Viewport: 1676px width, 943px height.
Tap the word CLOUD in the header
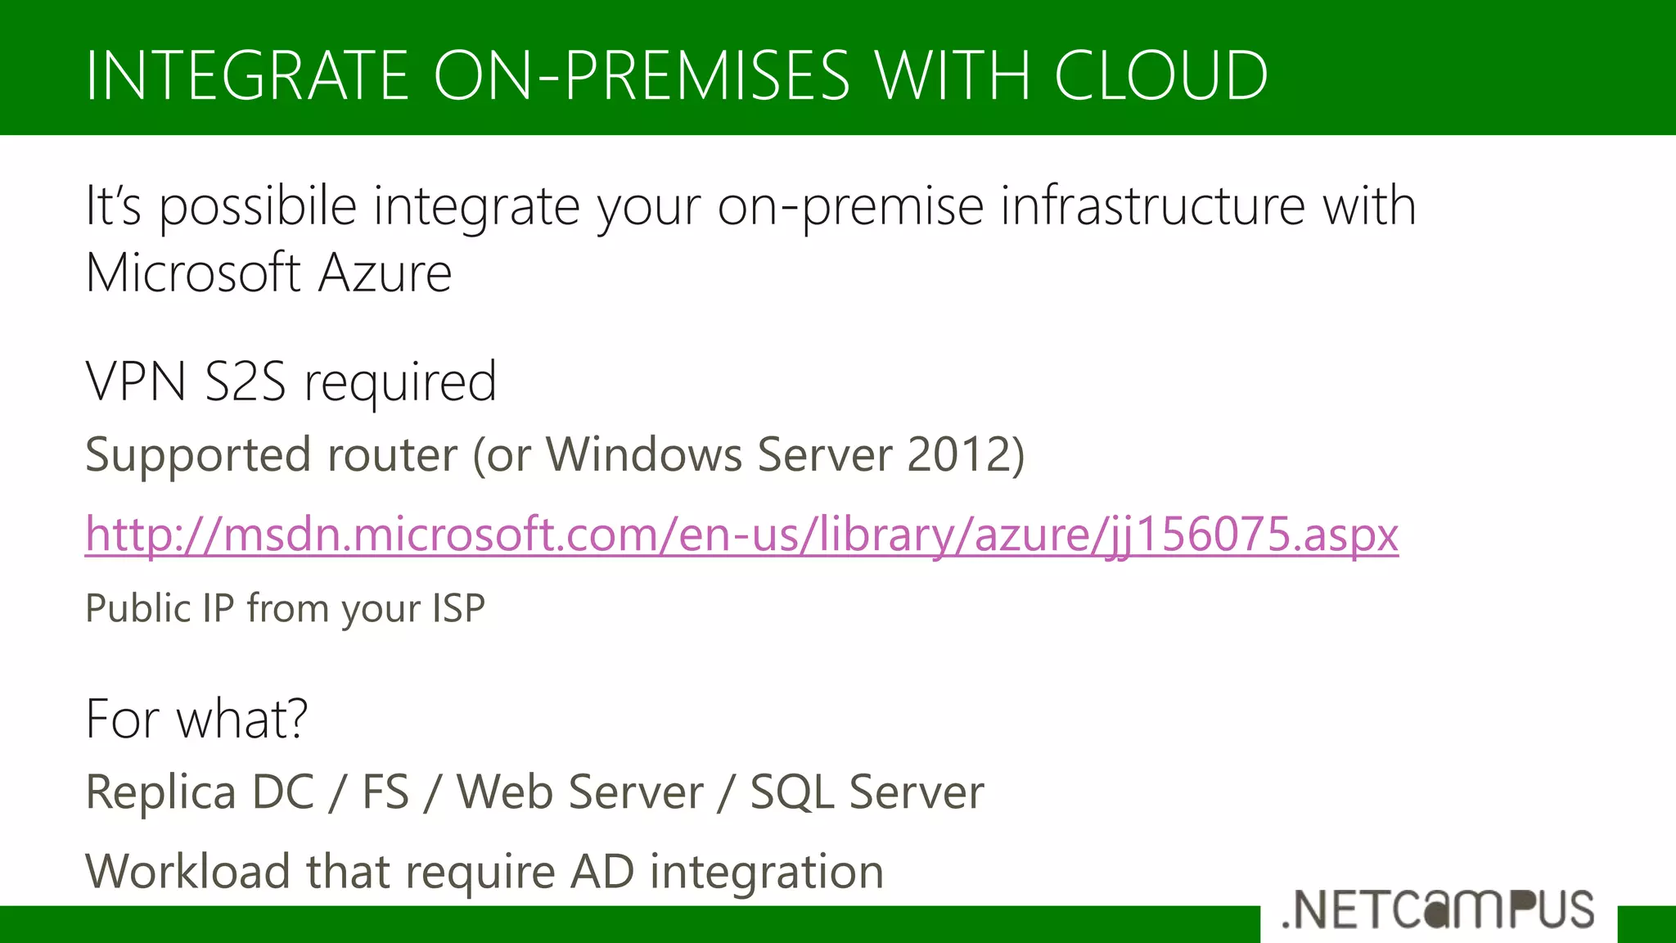1160,75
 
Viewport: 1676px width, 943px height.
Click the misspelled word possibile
258,206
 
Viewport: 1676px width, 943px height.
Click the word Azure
385,273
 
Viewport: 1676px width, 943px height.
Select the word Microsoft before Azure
193,273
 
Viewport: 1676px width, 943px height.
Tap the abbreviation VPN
136,381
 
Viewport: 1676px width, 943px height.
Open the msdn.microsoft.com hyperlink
741,535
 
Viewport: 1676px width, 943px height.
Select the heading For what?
196,719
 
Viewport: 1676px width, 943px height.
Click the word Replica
160,792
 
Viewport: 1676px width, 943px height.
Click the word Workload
187,871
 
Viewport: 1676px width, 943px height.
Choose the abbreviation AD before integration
601,871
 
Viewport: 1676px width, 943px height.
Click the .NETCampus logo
1439,910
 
